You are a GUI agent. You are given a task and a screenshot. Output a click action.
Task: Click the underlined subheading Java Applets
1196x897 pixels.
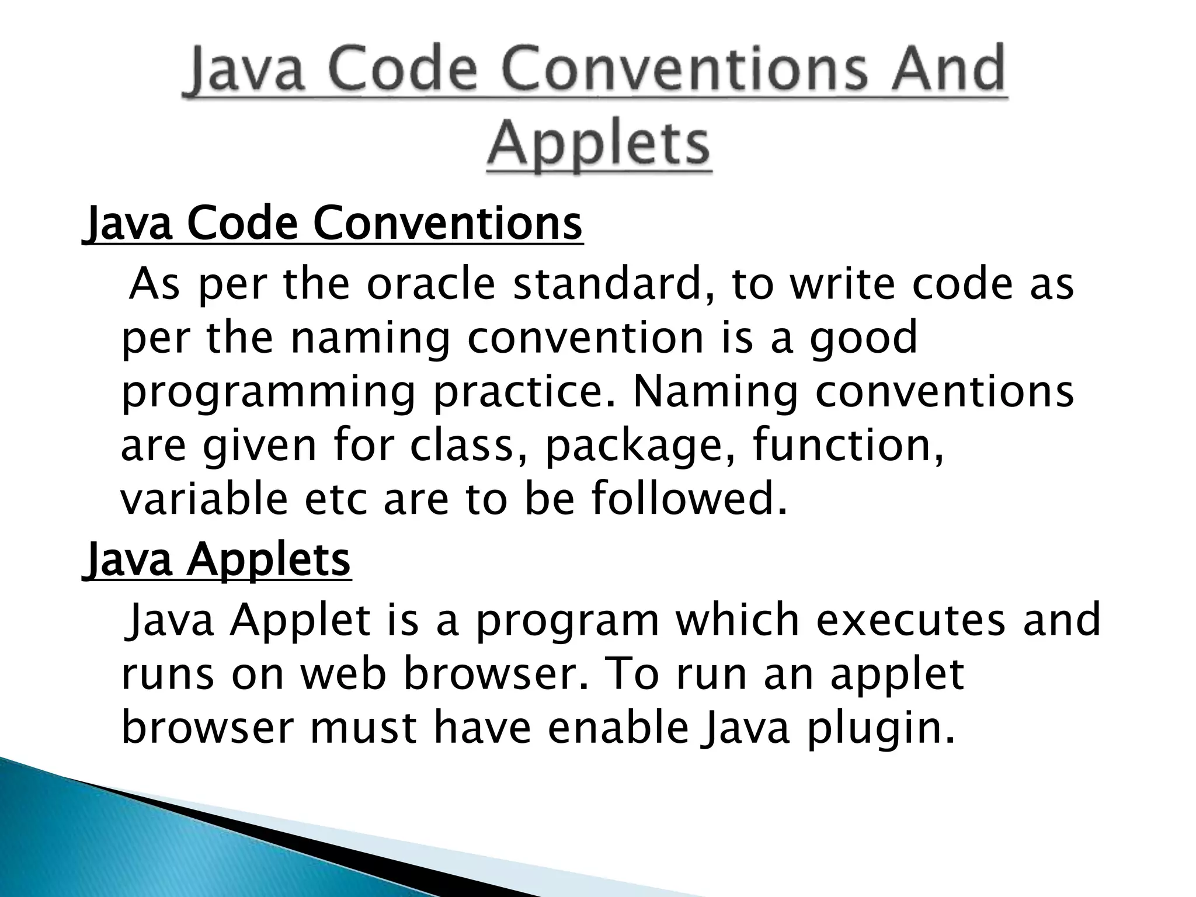click(218, 559)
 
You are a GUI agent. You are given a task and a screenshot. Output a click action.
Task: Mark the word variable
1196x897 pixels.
click(204, 499)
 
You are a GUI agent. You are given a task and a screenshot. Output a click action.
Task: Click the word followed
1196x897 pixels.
click(689, 499)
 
